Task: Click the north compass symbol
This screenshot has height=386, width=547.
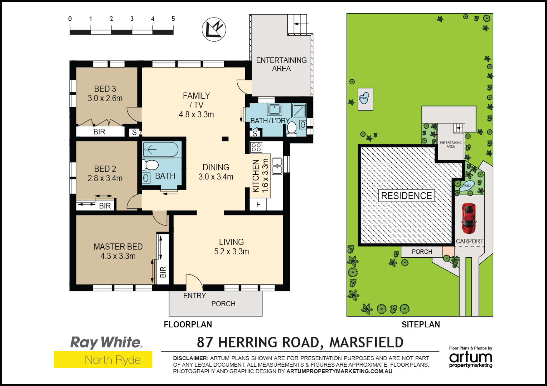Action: click(x=214, y=29)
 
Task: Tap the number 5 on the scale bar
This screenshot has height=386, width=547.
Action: click(x=173, y=19)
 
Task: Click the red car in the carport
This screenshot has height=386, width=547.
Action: click(x=469, y=218)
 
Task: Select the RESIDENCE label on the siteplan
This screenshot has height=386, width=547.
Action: click(x=406, y=196)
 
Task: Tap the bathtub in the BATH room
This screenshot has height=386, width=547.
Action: click(x=161, y=150)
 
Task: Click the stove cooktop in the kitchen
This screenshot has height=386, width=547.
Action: click(x=256, y=147)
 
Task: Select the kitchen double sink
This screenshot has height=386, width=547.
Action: click(x=277, y=166)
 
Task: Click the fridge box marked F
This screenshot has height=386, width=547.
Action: click(x=258, y=205)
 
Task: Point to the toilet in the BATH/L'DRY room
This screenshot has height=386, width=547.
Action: click(x=292, y=129)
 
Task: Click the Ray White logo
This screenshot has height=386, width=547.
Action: click(x=106, y=342)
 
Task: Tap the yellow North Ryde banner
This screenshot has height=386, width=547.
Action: click(x=103, y=360)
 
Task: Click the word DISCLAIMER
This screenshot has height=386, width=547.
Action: click(x=190, y=358)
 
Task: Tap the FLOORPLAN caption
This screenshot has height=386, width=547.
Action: click(x=188, y=325)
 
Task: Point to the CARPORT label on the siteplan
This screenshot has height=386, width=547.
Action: click(x=469, y=241)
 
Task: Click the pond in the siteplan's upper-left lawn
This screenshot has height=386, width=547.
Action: click(x=364, y=98)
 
